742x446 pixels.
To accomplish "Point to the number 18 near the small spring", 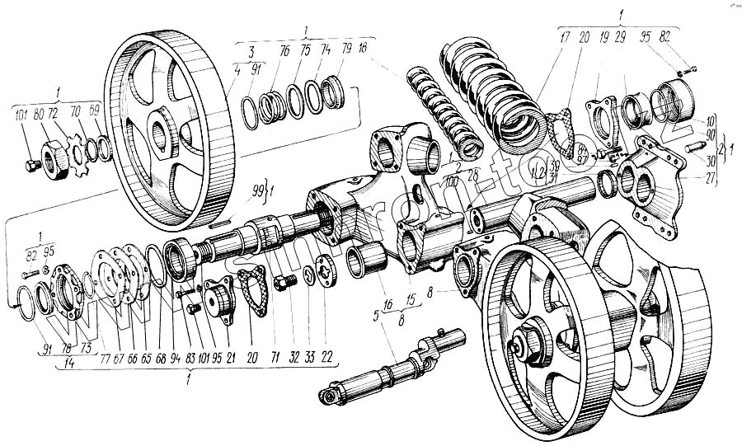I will coord(364,50).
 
